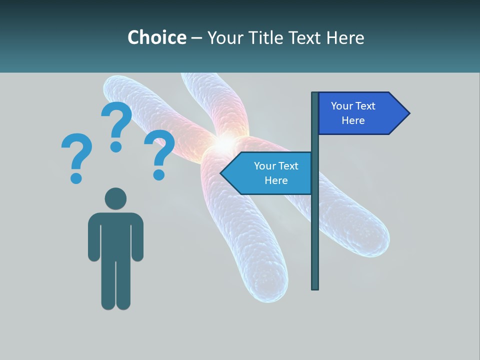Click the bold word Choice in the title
point(156,37)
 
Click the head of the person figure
point(115,198)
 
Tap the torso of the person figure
point(115,235)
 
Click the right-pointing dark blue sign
point(357,113)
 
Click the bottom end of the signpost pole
point(315,287)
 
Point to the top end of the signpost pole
point(315,94)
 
